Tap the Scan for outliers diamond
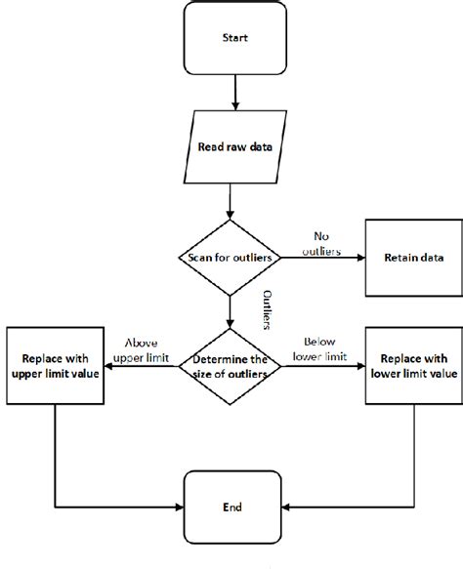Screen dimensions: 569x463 pyautogui.click(x=231, y=258)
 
